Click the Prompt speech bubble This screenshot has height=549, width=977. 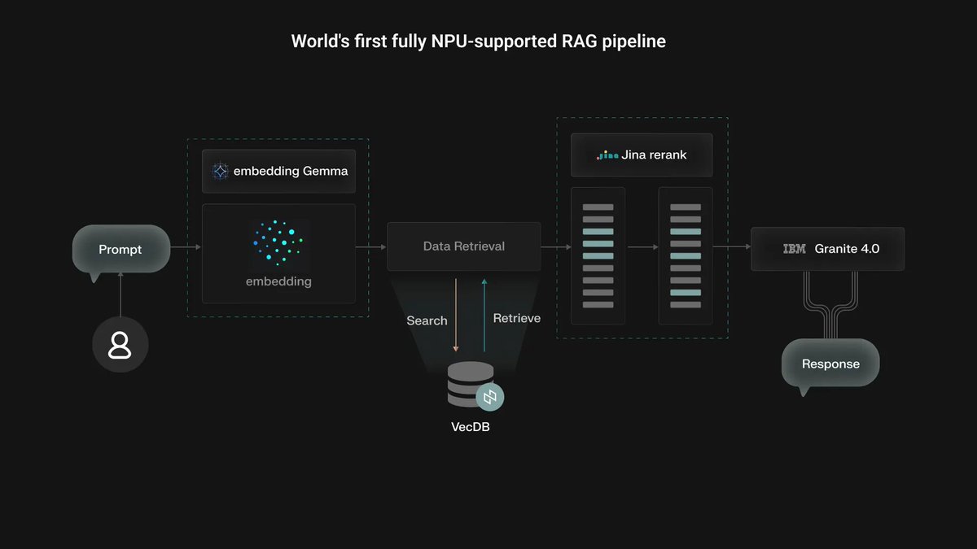click(120, 249)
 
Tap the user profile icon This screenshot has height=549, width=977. click(120, 344)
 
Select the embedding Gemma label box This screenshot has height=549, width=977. click(278, 171)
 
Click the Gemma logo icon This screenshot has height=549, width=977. click(220, 171)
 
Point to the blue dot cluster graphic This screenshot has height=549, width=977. click(278, 241)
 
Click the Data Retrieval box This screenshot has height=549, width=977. click(463, 246)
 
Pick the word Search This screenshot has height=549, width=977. click(427, 320)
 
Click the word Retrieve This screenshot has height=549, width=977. click(516, 318)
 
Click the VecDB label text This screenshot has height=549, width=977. click(471, 427)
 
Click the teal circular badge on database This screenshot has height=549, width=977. click(490, 398)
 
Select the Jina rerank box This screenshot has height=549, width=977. click(642, 155)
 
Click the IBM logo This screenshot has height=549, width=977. click(794, 249)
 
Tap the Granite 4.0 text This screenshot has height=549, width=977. click(847, 249)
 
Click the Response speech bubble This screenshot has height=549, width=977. click(830, 364)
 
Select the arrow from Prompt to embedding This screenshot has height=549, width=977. click(186, 246)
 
